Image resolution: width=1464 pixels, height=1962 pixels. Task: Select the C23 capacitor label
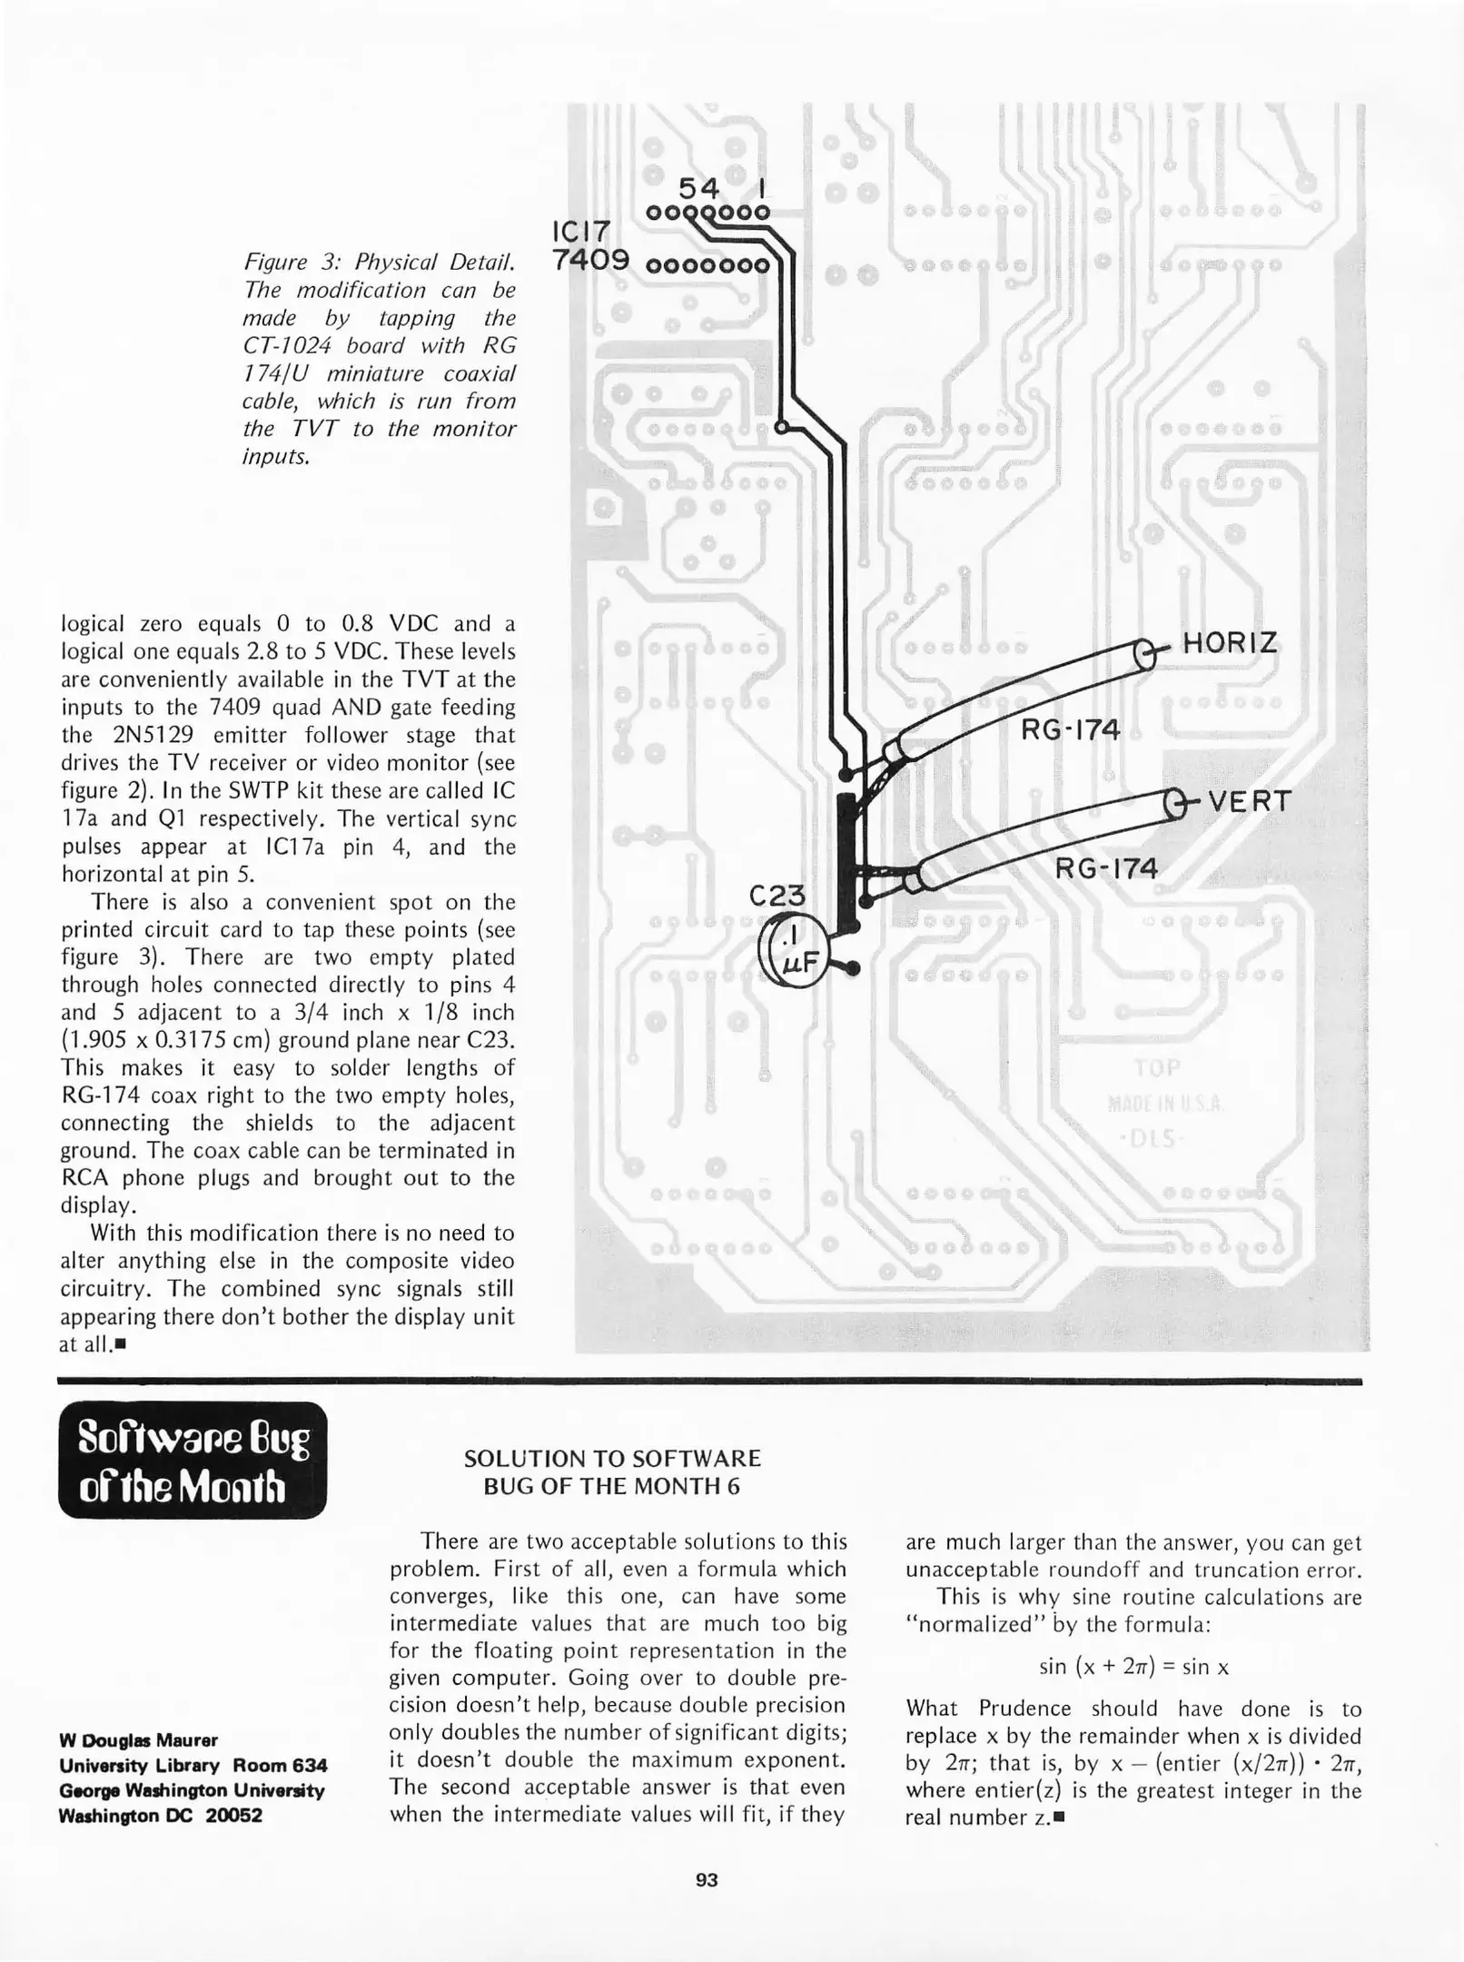777,897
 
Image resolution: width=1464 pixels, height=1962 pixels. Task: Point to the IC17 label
581,232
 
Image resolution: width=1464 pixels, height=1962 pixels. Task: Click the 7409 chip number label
590,262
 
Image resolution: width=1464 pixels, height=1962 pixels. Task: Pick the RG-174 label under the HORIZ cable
1070,729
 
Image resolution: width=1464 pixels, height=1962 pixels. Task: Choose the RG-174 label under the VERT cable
1105,868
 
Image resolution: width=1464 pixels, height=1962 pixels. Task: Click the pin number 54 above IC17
698,188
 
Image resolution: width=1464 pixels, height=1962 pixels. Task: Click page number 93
707,1880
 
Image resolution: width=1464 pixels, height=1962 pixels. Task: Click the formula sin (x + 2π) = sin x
1133,1667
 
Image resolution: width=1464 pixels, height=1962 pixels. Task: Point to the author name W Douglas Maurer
138,1740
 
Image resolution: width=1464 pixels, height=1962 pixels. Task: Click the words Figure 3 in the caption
290,263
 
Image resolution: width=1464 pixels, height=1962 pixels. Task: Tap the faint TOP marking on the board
1156,1068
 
